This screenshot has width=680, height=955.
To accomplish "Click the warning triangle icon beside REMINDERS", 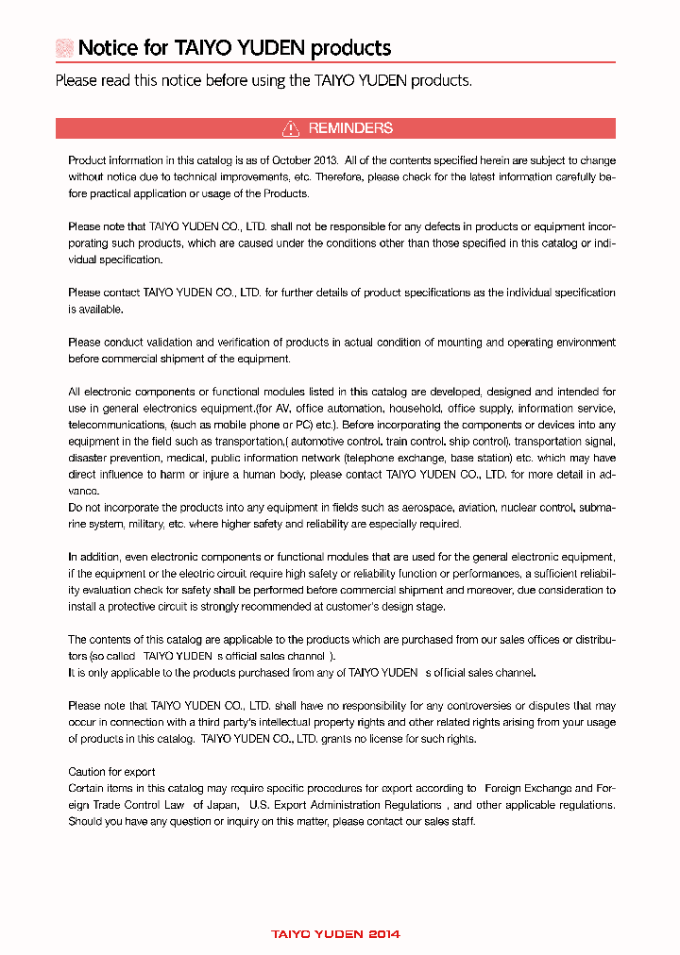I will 291,128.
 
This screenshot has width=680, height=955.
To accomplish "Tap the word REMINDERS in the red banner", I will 350,128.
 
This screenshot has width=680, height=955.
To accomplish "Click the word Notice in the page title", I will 108,48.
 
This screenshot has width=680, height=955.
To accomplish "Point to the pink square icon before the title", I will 64,48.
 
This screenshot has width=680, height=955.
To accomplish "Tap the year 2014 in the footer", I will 383,934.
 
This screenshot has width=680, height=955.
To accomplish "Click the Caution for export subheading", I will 111,772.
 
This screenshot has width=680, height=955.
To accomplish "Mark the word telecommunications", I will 110,426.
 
